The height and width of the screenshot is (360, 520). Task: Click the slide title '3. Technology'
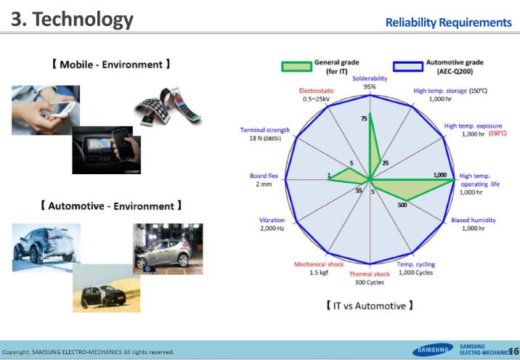[x=72, y=19]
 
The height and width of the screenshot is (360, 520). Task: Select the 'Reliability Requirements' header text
[x=448, y=22]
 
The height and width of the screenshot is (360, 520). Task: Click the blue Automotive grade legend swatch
[x=408, y=67]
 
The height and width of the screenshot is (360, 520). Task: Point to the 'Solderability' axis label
[x=370, y=78]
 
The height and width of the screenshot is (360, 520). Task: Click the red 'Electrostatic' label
[x=316, y=90]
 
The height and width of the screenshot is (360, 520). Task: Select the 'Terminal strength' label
[x=265, y=130]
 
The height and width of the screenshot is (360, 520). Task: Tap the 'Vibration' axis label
[x=272, y=220]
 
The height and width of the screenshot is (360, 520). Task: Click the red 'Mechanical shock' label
[x=319, y=264]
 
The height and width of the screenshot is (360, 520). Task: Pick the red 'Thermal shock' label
[x=370, y=274]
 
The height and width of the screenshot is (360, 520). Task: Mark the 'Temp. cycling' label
[x=415, y=264]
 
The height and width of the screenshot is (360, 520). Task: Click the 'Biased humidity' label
[x=474, y=220]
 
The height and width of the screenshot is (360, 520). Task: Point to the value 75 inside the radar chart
[x=364, y=118]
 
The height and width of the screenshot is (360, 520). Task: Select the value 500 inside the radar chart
[x=402, y=205]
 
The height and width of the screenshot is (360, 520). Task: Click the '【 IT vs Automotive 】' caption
[x=370, y=306]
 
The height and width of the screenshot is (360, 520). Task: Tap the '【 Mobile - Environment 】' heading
[x=111, y=65]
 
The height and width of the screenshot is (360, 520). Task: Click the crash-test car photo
[x=168, y=248]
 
